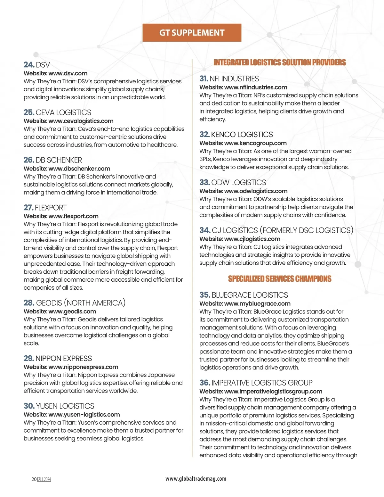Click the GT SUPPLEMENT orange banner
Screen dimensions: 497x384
tap(192, 33)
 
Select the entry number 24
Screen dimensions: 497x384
tap(29, 65)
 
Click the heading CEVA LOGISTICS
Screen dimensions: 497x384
tap(63, 112)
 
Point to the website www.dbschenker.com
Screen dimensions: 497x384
tap(79, 169)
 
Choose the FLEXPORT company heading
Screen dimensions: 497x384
tap(51, 208)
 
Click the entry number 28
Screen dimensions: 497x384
tap(29, 303)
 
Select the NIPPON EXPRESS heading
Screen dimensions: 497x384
tap(64, 359)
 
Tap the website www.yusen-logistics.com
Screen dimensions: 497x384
tap(84, 415)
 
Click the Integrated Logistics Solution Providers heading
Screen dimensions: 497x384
tap(280, 62)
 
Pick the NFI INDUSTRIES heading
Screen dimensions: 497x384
tap(234, 79)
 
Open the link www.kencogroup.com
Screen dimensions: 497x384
tap(255, 143)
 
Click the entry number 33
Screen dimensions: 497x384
tap(204, 183)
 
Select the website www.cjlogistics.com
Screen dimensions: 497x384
tap(252, 239)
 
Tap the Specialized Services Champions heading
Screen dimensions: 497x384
tap(280, 279)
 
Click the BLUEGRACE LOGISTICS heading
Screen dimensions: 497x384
tap(250, 295)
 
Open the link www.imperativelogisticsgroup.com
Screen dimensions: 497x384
tap(273, 391)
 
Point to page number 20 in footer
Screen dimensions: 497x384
tap(34, 479)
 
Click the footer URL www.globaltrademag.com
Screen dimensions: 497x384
tap(196, 479)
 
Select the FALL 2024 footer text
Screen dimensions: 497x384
tap(44, 479)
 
